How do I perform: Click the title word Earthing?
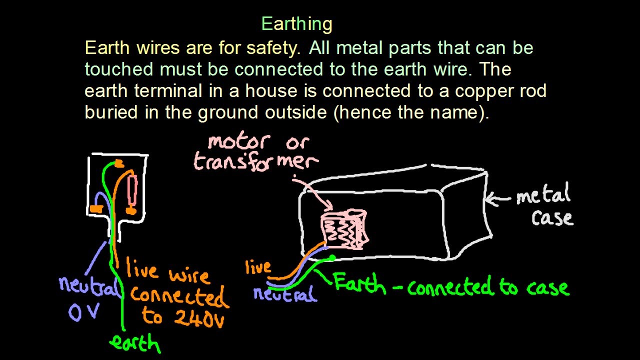(x=296, y=24)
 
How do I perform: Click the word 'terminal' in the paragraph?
(x=168, y=91)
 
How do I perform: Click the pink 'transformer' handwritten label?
(x=255, y=162)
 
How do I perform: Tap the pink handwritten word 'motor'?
(x=239, y=142)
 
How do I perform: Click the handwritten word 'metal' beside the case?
(x=543, y=195)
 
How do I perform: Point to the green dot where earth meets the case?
(x=332, y=258)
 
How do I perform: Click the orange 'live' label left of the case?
(x=258, y=267)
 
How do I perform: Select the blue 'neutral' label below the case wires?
(x=285, y=294)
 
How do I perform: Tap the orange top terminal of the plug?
(x=118, y=163)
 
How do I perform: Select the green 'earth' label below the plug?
(x=134, y=344)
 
